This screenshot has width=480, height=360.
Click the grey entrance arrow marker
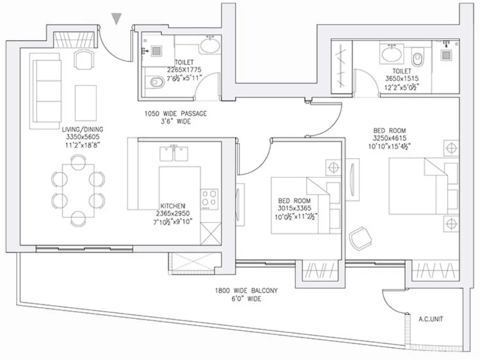click(116, 19)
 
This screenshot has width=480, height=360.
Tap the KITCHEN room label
click(173, 206)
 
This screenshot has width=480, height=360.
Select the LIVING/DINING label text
click(82, 129)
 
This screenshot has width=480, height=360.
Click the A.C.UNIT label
click(431, 319)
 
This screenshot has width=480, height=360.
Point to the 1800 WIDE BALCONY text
click(246, 290)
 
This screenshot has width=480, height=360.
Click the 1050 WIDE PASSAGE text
click(176, 114)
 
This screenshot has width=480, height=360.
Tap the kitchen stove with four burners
click(210, 199)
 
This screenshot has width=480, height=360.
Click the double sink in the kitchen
click(174, 153)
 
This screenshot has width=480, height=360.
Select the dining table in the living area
click(78, 191)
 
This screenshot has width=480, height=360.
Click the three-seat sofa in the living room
click(46, 91)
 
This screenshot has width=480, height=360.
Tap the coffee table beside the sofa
click(86, 103)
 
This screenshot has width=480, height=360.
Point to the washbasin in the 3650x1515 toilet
click(391, 53)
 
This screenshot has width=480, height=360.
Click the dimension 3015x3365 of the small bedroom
click(294, 208)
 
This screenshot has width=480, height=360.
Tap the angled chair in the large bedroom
click(361, 239)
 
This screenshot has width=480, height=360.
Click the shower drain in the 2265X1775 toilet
click(156, 51)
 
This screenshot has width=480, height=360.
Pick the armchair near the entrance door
click(84, 59)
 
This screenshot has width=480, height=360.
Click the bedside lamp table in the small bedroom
click(333, 168)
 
